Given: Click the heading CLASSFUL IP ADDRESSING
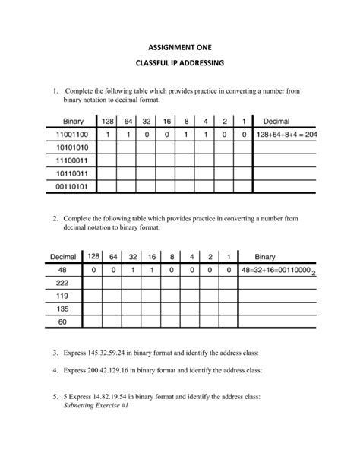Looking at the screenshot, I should [180, 65].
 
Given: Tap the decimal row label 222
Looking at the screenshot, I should [62, 283].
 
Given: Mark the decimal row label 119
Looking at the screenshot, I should [62, 296].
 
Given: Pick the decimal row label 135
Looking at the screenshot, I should [62, 309].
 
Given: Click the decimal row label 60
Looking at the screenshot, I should [62, 322].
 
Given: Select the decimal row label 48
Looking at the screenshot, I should [62, 270].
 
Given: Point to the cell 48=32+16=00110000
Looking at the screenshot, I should [275, 271].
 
